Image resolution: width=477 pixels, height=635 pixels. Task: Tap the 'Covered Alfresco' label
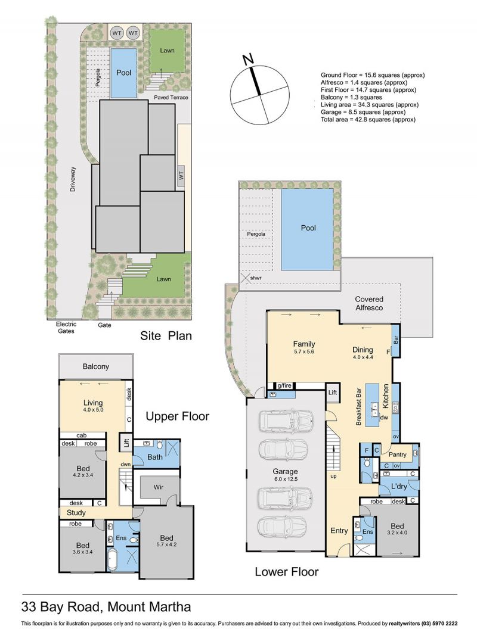point(369,303)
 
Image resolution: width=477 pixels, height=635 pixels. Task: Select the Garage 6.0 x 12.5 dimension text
point(286,479)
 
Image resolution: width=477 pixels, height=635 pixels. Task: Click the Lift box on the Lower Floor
point(332,393)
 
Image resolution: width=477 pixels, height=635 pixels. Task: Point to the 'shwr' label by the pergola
point(256,278)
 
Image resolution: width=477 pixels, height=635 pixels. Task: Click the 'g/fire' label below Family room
point(284,385)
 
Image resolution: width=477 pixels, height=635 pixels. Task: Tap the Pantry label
point(397,455)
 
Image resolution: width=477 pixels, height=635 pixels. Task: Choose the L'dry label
point(399,486)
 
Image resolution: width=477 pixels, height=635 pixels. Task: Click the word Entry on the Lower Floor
point(339,531)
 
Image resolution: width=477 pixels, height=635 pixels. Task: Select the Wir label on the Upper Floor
point(159,487)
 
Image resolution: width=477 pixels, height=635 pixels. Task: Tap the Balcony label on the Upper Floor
point(95,366)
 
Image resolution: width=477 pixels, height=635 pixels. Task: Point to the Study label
point(76,513)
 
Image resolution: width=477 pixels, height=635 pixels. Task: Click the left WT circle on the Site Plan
point(117,33)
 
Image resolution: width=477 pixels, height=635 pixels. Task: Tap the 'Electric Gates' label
point(66,327)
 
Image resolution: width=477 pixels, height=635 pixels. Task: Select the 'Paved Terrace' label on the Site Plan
point(171,98)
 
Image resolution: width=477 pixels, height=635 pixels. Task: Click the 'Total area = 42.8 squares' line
point(368,120)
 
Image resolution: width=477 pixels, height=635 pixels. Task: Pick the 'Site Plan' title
point(166,335)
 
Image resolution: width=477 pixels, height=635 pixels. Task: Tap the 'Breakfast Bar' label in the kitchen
point(358,407)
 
